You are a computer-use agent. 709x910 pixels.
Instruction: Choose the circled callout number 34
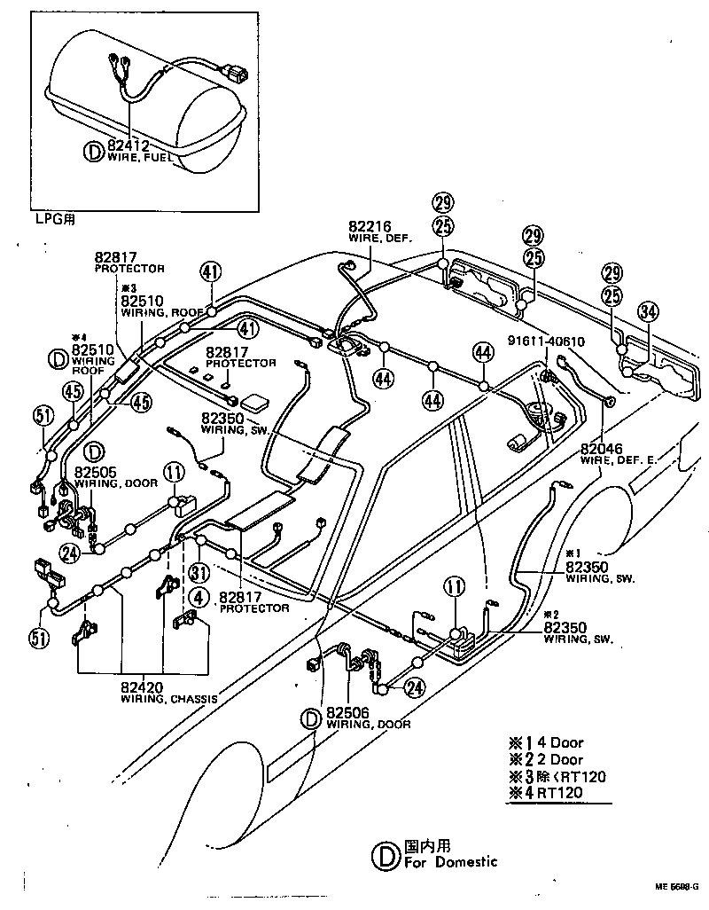pos(649,310)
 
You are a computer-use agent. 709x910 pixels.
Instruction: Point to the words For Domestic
pos(450,861)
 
